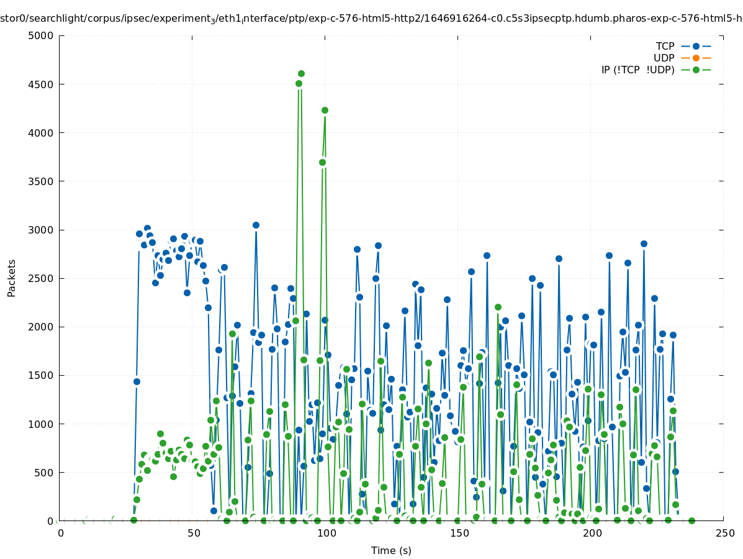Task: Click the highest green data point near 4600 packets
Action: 301,74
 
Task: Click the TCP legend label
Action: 665,46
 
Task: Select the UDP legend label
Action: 664,58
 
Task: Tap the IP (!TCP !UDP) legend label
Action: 637,70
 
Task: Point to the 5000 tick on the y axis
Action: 40,35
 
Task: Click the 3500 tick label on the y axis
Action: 40,181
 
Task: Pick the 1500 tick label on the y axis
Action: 40,376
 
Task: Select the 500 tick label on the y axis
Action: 43,473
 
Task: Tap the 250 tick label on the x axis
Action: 724,534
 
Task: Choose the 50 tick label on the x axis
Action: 194,534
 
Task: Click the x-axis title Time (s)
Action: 391,550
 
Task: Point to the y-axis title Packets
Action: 12,278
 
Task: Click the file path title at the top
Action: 371,19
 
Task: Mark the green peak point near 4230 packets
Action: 325,110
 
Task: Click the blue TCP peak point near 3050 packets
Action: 256,225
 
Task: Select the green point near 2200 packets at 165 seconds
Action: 498,307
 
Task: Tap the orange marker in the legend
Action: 696,58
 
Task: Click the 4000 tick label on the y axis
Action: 40,133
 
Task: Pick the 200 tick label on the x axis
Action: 592,534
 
